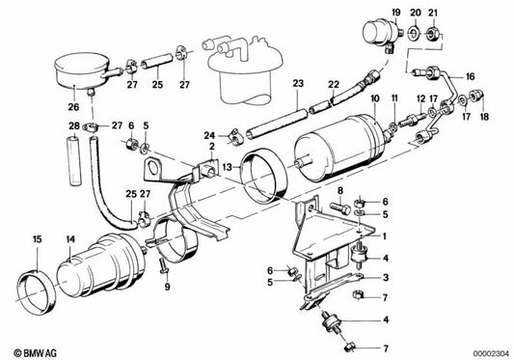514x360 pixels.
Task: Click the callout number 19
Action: point(396,13)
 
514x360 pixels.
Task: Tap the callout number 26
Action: point(73,107)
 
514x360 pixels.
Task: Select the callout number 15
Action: point(38,239)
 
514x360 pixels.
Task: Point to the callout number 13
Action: point(228,167)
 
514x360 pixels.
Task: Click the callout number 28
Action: point(74,125)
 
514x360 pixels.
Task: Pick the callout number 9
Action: point(167,288)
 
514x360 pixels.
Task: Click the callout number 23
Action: point(298,83)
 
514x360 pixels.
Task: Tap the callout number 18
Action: point(484,117)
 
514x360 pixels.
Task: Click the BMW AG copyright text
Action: point(36,353)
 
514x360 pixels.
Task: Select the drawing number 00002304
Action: point(491,354)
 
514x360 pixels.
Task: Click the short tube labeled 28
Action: point(74,161)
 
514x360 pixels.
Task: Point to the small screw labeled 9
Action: point(163,265)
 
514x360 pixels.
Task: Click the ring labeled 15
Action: point(37,291)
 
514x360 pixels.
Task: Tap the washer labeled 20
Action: point(414,33)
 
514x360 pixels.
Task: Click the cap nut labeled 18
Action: point(477,96)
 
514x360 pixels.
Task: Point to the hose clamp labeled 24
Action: point(236,137)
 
